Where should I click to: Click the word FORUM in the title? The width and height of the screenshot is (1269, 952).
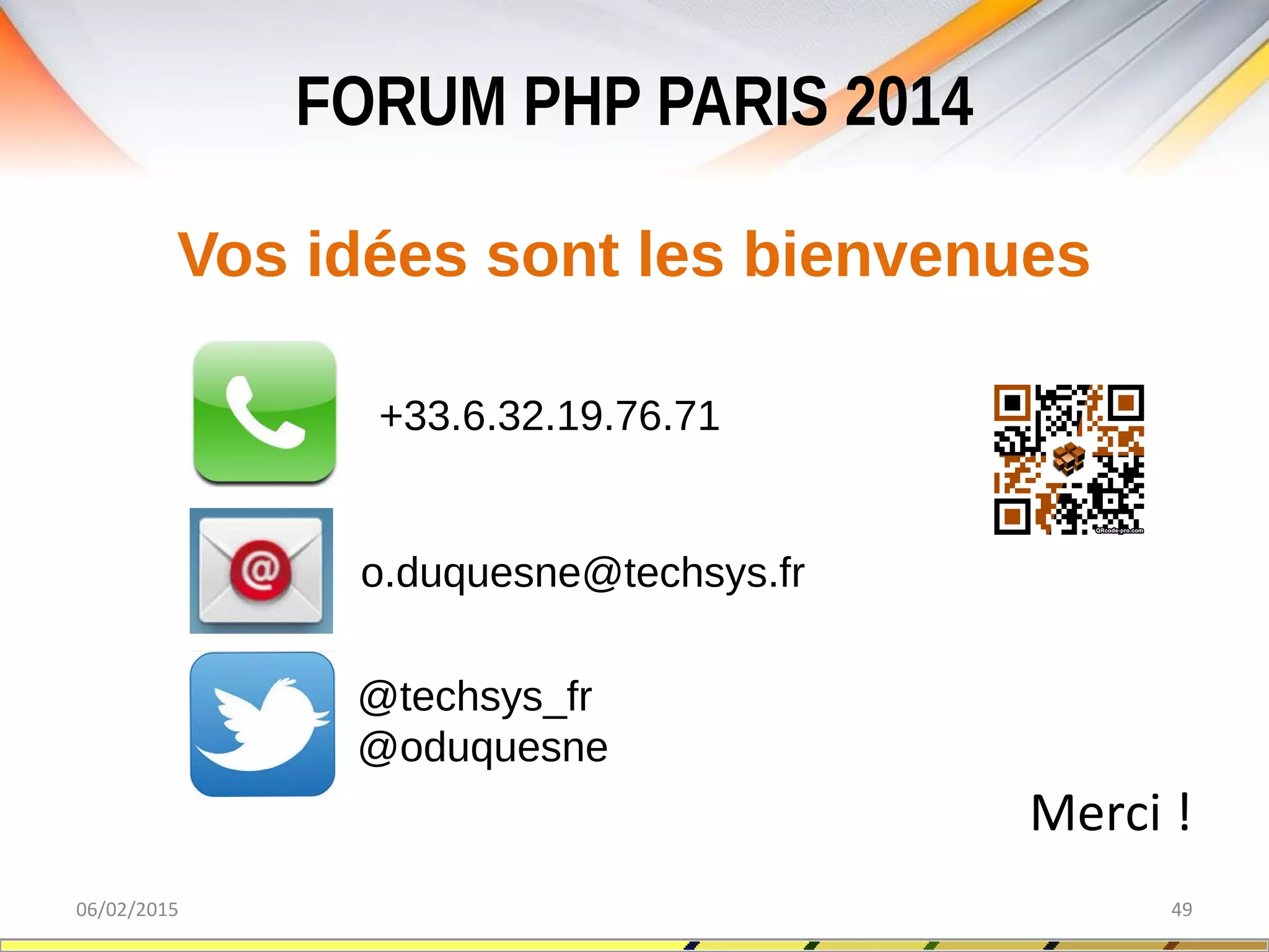coord(400,102)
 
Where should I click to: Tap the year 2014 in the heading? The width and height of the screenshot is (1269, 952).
coord(909,102)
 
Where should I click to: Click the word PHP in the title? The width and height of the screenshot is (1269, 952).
coord(582,102)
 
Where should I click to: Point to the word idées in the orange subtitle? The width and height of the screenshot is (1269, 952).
coord(387,254)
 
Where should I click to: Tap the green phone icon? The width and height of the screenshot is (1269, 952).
coord(265,412)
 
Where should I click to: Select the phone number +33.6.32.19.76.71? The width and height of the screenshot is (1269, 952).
coord(549,416)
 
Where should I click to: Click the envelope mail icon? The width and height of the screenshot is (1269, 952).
coord(261,571)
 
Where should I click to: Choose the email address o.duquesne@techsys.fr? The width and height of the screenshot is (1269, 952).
coord(582,573)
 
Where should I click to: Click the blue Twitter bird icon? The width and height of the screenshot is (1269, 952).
coord(262,724)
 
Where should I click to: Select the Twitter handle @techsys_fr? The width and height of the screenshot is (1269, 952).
coord(475,697)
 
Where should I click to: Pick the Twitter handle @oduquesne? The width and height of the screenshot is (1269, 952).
coord(483,747)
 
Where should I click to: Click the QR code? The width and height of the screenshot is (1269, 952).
coord(1069,459)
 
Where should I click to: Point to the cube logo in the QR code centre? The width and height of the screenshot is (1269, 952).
coord(1069,458)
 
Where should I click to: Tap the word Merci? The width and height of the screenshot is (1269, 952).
coord(1095,813)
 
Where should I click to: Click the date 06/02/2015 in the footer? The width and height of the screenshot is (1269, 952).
coord(127,909)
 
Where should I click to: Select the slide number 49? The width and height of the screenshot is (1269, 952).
coord(1181,909)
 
